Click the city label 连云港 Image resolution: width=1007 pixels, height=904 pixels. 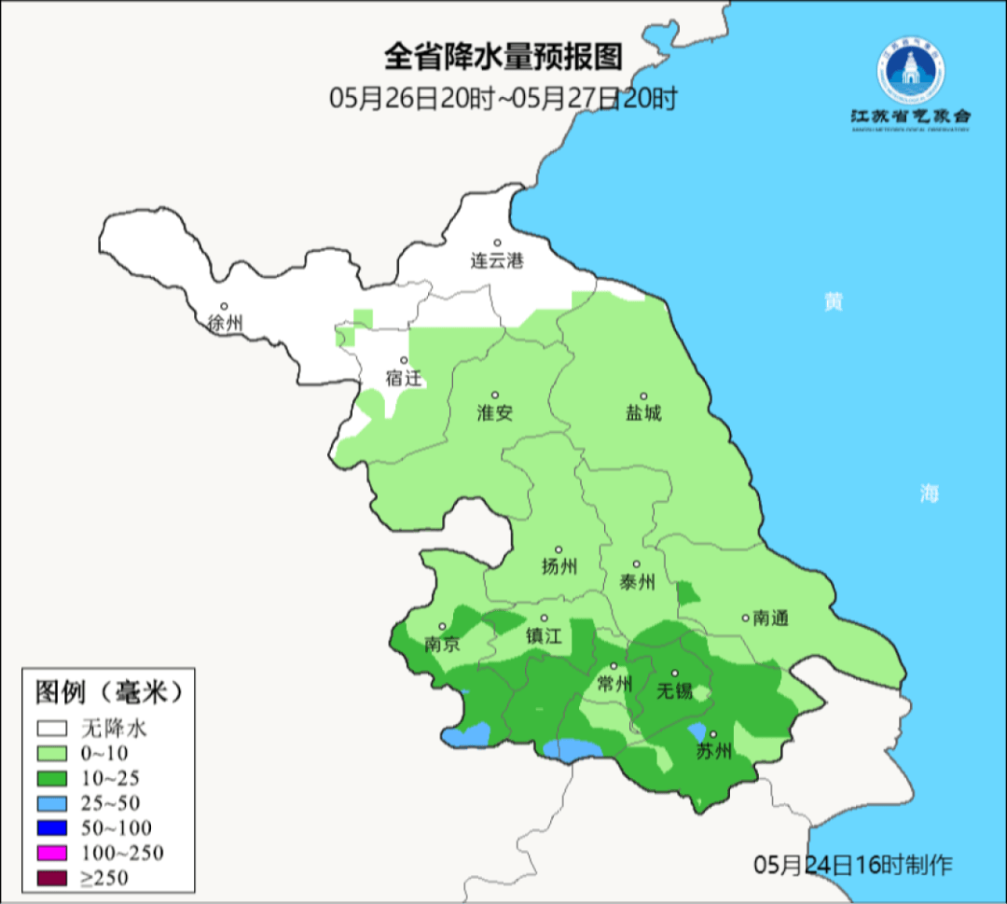point(497,261)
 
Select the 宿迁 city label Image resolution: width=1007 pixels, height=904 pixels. point(404,378)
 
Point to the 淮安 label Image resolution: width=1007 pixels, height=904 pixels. point(495,412)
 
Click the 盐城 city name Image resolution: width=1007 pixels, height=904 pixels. point(642,412)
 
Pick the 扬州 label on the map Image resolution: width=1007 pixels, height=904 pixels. point(559,566)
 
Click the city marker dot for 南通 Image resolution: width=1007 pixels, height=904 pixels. point(745,617)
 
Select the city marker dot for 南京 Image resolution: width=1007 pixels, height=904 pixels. point(442,627)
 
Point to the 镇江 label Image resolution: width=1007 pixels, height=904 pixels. point(544,636)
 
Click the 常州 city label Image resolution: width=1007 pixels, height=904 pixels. point(614,684)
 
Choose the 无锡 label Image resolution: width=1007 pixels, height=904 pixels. point(674,690)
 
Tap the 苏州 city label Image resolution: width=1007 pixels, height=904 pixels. point(713,752)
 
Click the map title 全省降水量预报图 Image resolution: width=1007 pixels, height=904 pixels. point(503,58)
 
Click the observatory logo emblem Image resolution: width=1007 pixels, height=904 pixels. point(910,73)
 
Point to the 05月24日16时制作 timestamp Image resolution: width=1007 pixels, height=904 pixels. point(853,865)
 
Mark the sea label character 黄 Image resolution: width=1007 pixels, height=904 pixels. point(833,302)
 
